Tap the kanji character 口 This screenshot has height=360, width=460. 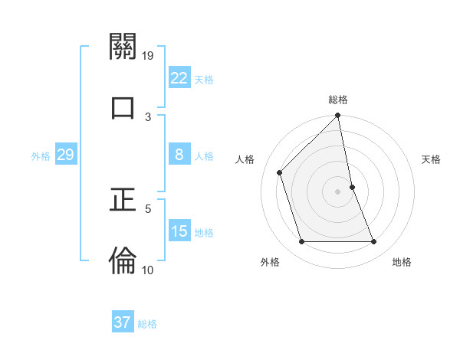[x=123, y=108]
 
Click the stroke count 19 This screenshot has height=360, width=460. [x=148, y=56]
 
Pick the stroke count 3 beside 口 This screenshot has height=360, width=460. [x=148, y=116]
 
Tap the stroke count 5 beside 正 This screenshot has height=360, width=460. [x=148, y=208]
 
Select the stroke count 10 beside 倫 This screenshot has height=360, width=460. [x=148, y=270]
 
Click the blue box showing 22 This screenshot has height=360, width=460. [x=179, y=78]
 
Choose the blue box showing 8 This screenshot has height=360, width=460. [x=179, y=155]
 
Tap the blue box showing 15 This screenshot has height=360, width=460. [x=179, y=231]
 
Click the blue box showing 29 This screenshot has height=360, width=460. [x=65, y=155]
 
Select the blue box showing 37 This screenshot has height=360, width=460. [x=123, y=322]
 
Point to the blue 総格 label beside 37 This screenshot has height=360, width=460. [x=147, y=324]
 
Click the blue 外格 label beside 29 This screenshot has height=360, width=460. [x=41, y=156]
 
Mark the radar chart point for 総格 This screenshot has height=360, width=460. [x=338, y=116]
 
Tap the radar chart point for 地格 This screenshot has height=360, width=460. [x=374, y=242]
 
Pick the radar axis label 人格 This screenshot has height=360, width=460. [x=245, y=159]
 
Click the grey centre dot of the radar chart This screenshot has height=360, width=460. [x=338, y=191]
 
